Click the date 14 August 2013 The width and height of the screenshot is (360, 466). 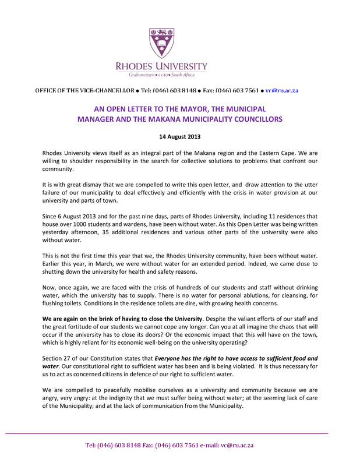pos(179,137)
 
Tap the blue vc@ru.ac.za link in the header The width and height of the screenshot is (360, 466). pos(282,91)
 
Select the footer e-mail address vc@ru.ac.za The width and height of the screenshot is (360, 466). pos(237,445)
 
